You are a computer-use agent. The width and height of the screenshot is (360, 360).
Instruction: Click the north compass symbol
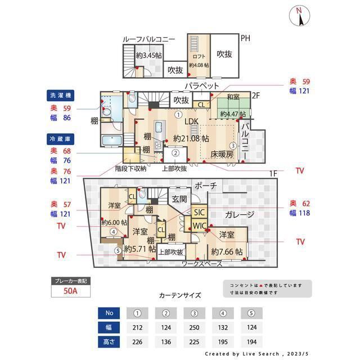tap(300, 16)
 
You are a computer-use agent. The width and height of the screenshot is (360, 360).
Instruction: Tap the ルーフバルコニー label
tap(148, 39)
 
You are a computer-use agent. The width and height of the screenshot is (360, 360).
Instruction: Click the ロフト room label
tap(199, 56)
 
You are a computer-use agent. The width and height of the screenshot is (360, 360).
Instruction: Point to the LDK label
tap(192, 121)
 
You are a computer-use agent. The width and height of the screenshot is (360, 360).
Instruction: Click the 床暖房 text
tap(222, 154)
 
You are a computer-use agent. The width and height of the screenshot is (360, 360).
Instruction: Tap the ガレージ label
tap(239, 214)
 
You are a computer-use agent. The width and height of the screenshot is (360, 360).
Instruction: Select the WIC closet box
tap(200, 226)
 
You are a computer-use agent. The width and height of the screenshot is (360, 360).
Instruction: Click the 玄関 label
tap(179, 199)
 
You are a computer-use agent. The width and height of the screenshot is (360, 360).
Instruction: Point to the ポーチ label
tap(205, 185)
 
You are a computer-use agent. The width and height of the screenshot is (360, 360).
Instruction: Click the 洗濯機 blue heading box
tap(61, 95)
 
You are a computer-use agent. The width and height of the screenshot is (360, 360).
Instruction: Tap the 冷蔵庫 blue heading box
tap(61, 138)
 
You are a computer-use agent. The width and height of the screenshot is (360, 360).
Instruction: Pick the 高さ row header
tap(109, 341)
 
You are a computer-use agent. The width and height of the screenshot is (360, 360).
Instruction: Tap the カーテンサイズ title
tap(179, 295)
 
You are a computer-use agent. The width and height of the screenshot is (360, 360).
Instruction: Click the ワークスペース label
tap(201, 263)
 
